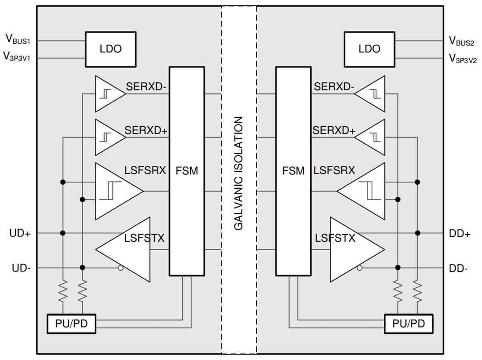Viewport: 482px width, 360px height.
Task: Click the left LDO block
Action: coord(110,49)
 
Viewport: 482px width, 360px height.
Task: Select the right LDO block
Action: coord(369,49)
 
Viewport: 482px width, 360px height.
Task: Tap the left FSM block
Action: coord(187,171)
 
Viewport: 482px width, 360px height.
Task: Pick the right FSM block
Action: coord(293,171)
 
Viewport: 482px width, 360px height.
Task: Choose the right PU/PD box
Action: coord(408,324)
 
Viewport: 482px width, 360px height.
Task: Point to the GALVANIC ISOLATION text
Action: coord(239,173)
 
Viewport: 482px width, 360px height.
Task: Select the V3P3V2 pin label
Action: coord(462,58)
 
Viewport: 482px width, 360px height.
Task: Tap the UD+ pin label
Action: coord(20,233)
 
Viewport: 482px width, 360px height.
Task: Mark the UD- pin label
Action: coord(20,268)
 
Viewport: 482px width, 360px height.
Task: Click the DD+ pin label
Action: coord(460,233)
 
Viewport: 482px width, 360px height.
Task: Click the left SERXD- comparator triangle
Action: coord(108,94)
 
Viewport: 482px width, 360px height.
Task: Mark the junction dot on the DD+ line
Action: coord(418,233)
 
